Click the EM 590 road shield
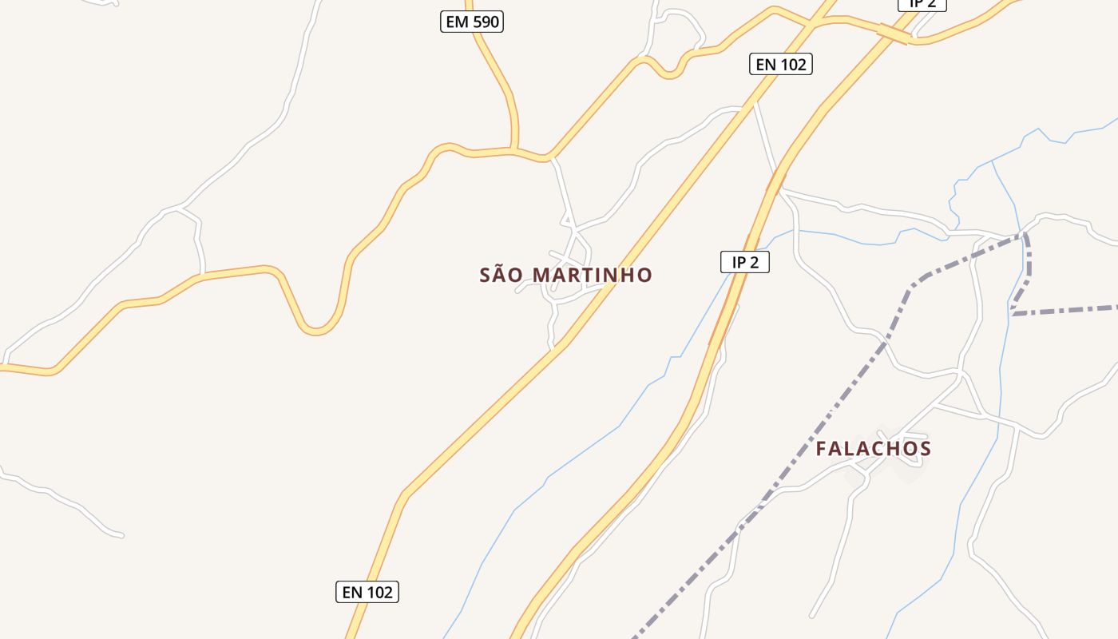[472, 22]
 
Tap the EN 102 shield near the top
[780, 64]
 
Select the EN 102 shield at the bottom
[367, 592]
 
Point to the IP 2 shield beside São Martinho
[744, 261]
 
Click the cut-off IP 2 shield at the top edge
[922, 4]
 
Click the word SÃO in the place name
[502, 275]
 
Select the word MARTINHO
[592, 275]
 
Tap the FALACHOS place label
[873, 448]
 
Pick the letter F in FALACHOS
[821, 448]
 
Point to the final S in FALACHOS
[926, 448]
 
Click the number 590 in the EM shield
[485, 22]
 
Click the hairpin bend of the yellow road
[316, 328]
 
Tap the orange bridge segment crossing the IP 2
[894, 34]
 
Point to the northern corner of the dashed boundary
[1025, 235]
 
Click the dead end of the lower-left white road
[121, 535]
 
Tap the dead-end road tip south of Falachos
[811, 616]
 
